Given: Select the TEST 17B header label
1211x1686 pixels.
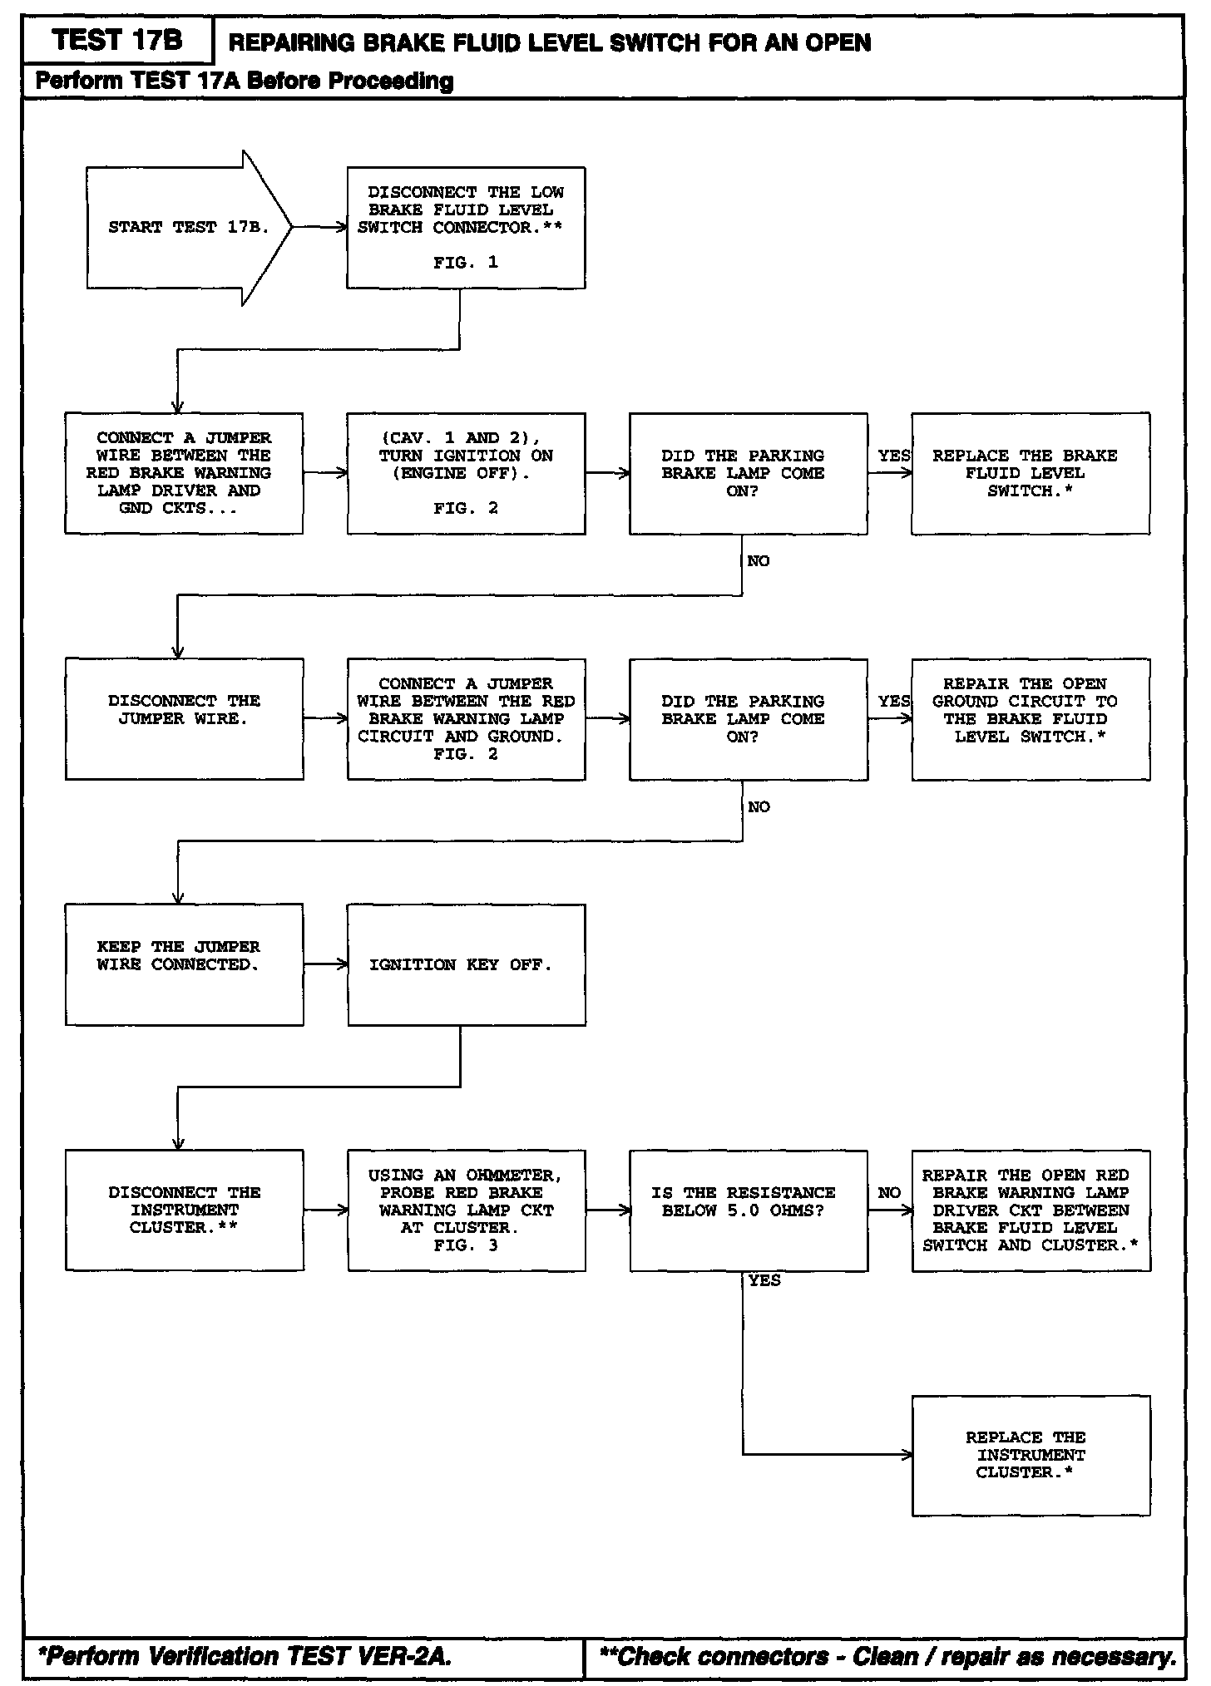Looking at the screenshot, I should [117, 40].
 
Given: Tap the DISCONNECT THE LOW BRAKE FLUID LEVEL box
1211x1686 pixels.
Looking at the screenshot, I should [466, 228].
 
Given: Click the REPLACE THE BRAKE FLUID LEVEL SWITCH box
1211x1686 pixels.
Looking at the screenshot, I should [1031, 473].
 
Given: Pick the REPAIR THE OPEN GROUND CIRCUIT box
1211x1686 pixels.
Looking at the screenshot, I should [1031, 719].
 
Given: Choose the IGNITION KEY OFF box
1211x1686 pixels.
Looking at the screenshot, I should [466, 964].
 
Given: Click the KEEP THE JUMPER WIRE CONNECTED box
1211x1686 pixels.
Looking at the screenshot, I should [184, 964].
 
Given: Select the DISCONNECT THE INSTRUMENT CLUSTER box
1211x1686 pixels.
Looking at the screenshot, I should [184, 1210].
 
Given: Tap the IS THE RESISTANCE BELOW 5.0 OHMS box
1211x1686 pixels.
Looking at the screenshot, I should [748, 1210].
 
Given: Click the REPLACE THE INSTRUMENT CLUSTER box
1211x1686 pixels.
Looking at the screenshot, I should [1031, 1455].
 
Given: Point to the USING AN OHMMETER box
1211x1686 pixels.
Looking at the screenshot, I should [466, 1210].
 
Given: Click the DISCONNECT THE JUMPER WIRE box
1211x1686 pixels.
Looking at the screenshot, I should [184, 719].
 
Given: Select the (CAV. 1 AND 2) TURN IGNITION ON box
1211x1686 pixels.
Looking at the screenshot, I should [466, 473].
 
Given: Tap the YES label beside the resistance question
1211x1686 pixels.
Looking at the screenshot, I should [764, 1281].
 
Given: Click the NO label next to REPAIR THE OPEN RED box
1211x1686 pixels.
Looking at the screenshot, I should [889, 1193].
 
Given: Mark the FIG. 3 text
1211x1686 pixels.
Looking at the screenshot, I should [466, 1245].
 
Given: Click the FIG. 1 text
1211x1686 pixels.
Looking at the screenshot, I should [466, 263].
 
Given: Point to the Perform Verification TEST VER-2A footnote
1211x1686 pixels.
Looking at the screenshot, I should [245, 1656].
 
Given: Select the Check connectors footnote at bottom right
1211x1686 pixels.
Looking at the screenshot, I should [887, 1656].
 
